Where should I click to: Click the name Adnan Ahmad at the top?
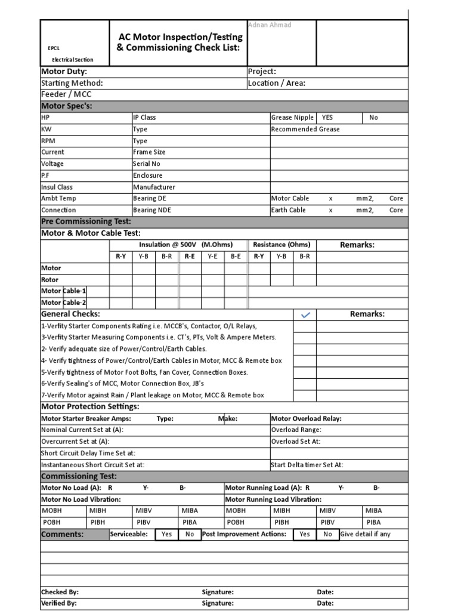[268, 24]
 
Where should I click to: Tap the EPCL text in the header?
[54, 48]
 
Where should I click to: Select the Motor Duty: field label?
[64, 72]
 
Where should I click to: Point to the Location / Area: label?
[276, 83]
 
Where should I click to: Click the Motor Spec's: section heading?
[66, 106]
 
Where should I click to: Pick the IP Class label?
[144, 118]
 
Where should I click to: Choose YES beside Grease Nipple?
[327, 118]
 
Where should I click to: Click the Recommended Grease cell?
[305, 129]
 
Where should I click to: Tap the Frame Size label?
[149, 152]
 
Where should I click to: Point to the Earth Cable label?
[289, 210]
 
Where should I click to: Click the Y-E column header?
[212, 256]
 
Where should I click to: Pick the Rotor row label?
[49, 279]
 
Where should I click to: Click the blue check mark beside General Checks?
[305, 315]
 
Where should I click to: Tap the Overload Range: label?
[296, 430]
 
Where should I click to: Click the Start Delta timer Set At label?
[307, 465]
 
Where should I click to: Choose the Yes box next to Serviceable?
[166, 534]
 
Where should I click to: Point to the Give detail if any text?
[366, 534]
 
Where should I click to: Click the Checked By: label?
[60, 592]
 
